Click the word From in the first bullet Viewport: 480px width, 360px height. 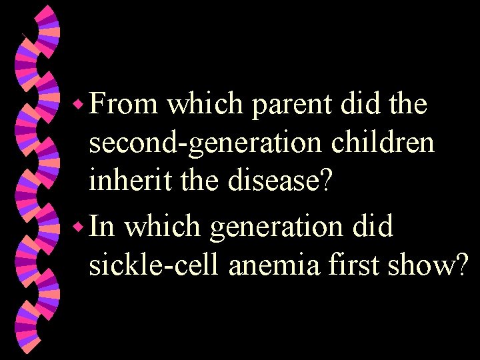point(123,105)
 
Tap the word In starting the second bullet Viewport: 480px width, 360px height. point(102,227)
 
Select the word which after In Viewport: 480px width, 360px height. point(163,227)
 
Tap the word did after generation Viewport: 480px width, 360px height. point(375,227)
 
